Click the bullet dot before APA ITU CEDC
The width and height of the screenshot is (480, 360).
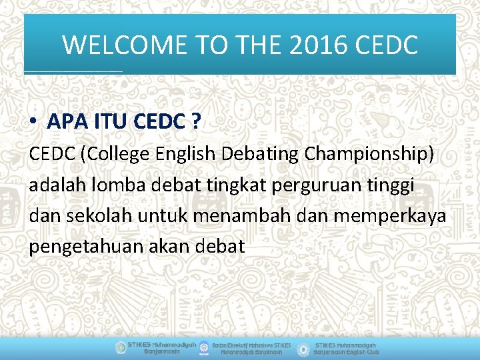[x=33, y=122]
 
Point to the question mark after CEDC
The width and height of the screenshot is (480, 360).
[x=196, y=122]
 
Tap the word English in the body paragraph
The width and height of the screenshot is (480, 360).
[x=185, y=154]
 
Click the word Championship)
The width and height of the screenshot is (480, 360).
[x=369, y=154]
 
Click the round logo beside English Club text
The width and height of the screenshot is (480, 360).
[x=303, y=348]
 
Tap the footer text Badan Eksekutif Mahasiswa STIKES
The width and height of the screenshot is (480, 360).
[x=251, y=345]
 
